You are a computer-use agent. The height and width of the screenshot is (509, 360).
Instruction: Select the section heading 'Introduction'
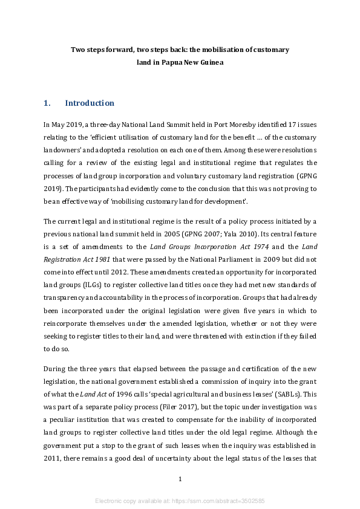tap(90, 103)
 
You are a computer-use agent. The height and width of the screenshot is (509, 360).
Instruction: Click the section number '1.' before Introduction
tap(47, 103)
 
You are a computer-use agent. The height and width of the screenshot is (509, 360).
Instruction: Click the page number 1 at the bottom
tap(180, 479)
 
